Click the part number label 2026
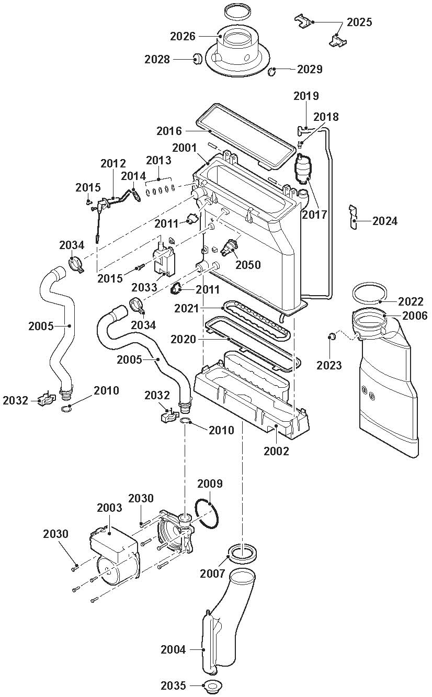pyautogui.click(x=183, y=37)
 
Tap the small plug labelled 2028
pyautogui.click(x=197, y=59)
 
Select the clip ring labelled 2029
pyautogui.click(x=272, y=72)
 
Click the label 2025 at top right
pyautogui.click(x=359, y=22)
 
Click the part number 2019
pyautogui.click(x=306, y=96)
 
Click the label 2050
pyautogui.click(x=248, y=265)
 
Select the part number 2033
pyautogui.click(x=144, y=287)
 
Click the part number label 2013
pyautogui.click(x=158, y=160)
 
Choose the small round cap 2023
pyautogui.click(x=332, y=336)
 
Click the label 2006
pyautogui.click(x=415, y=316)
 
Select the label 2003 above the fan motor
pyautogui.click(x=109, y=508)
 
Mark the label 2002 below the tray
pyautogui.click(x=276, y=451)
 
